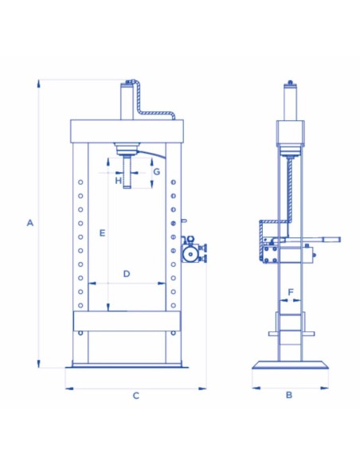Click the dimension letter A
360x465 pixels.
click(x=29, y=223)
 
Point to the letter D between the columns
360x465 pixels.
click(x=126, y=274)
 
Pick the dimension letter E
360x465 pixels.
click(x=101, y=232)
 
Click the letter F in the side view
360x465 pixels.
click(x=291, y=292)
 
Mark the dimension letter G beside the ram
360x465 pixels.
click(x=157, y=171)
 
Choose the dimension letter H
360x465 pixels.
click(x=118, y=182)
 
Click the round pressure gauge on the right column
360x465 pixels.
click(x=190, y=253)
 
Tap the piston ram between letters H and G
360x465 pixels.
click(x=127, y=170)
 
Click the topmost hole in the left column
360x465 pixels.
click(x=80, y=183)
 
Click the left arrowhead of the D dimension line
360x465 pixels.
click(x=91, y=283)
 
